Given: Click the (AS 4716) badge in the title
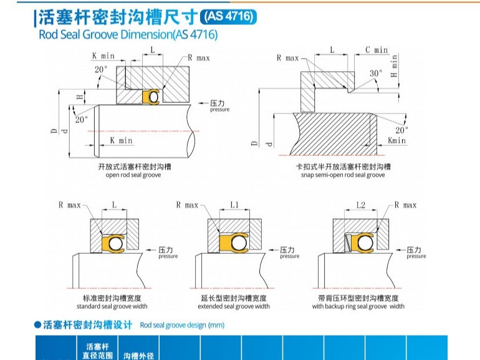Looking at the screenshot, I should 229,17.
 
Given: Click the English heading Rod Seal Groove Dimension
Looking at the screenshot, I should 128,35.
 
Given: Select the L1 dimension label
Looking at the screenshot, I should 234,205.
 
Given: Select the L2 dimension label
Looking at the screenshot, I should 360,205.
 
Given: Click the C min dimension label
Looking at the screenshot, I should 376,49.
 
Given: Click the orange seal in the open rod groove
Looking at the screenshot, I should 151,97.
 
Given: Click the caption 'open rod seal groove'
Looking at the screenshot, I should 133,175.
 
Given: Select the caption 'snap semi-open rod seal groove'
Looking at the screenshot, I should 343,175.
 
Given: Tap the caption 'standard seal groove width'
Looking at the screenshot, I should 112,306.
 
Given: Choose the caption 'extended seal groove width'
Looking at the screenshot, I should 234,306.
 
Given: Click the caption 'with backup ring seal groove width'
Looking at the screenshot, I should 358,306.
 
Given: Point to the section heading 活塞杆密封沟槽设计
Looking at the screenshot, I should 88,324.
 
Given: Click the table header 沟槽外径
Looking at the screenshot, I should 138,356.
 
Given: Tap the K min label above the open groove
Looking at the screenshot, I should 103,56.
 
